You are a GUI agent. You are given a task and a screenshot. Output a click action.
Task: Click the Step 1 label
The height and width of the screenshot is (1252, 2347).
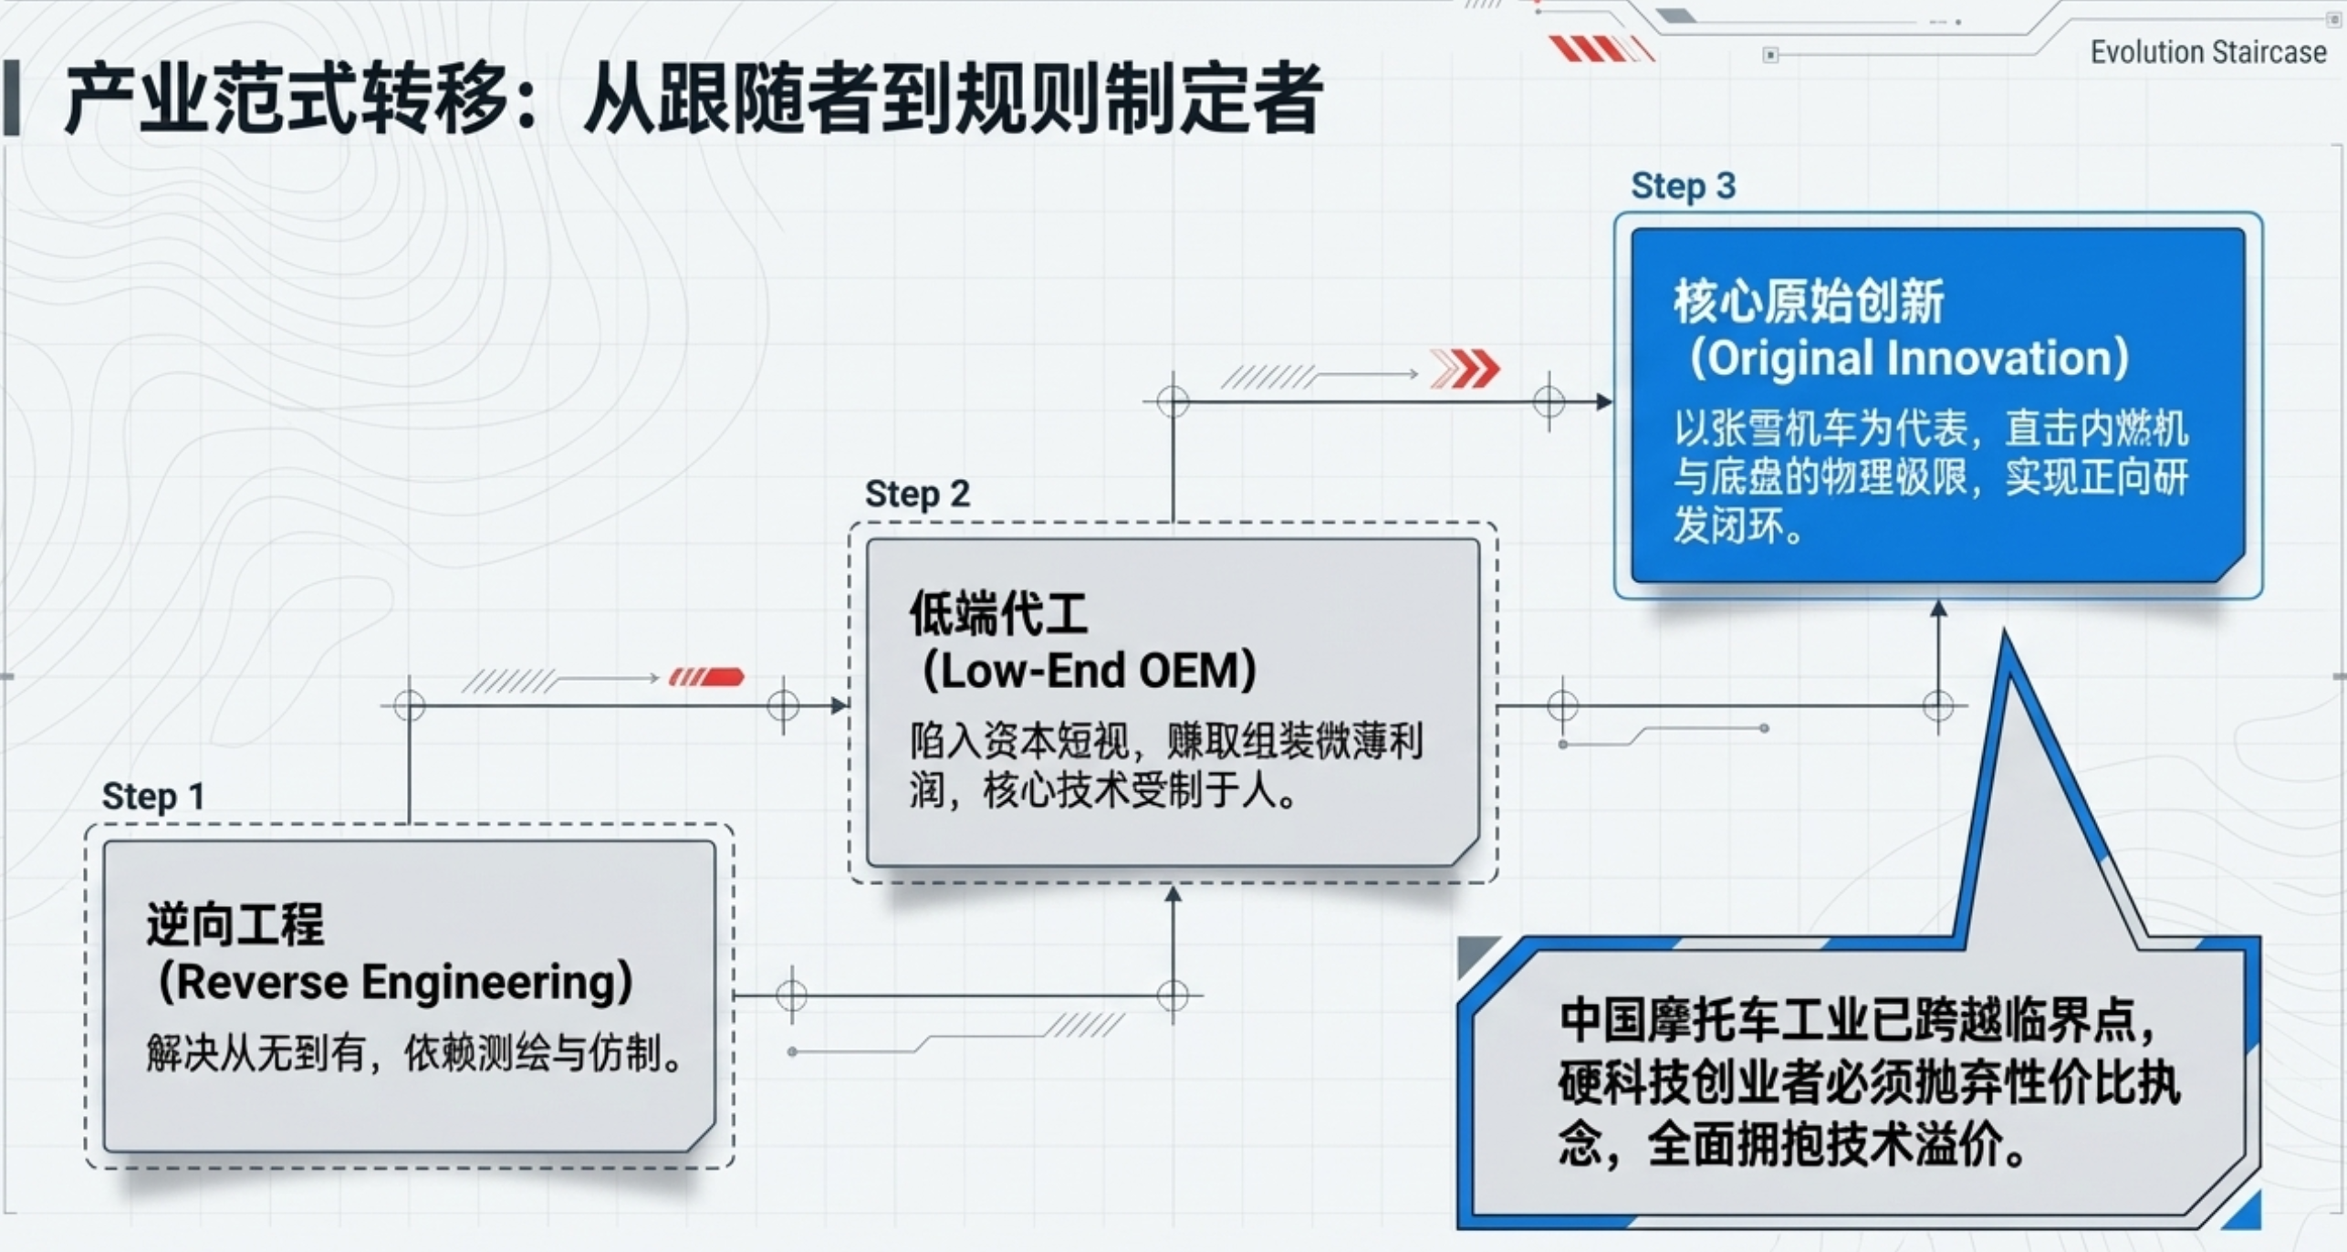(152, 796)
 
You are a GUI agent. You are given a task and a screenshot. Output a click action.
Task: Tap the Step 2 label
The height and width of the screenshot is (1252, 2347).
(917, 494)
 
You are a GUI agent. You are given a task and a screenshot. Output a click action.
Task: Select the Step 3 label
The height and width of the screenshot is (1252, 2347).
(1684, 186)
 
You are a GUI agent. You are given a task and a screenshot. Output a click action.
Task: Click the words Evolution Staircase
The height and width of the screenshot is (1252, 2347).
(2208, 52)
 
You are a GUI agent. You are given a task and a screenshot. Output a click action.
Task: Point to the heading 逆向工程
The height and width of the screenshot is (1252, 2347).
(235, 923)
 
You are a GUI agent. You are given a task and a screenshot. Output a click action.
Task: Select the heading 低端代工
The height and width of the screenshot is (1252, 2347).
(998, 612)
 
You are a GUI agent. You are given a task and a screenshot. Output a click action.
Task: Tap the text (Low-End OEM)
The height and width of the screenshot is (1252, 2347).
(1090, 671)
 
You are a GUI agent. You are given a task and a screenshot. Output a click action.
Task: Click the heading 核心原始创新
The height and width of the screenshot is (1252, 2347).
(1809, 301)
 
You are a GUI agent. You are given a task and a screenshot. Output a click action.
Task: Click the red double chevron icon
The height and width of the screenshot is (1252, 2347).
(1465, 369)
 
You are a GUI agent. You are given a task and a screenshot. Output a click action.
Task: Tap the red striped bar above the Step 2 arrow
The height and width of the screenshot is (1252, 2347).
(706, 677)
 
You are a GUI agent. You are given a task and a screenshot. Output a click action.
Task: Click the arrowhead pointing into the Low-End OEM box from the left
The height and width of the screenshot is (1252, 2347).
(840, 705)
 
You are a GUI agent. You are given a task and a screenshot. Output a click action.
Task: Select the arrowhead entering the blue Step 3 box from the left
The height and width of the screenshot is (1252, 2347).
(1604, 402)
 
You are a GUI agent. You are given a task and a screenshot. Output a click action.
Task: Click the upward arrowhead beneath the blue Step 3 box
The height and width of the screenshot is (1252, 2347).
(1939, 609)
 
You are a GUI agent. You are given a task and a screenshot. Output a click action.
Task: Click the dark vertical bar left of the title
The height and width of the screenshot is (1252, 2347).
(11, 98)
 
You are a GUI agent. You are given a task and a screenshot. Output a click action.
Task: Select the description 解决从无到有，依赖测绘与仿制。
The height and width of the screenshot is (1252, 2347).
(415, 1054)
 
